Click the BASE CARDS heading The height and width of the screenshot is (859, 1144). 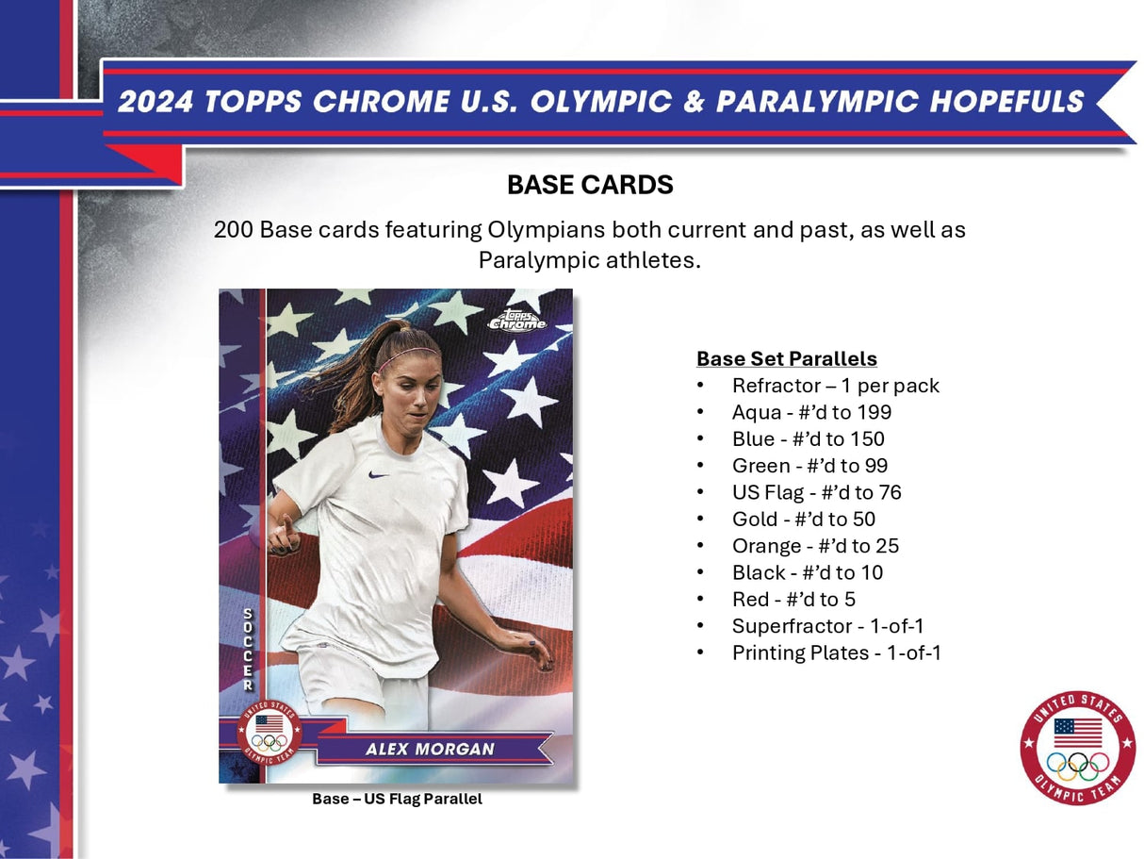(x=590, y=185)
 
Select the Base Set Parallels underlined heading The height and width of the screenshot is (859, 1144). (x=786, y=358)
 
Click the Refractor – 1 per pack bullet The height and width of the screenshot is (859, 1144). (x=835, y=386)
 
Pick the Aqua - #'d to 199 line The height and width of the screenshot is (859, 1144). (x=811, y=412)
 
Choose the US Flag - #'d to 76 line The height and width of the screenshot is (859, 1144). (x=816, y=492)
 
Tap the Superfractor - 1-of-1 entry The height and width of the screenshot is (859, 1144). (x=835, y=626)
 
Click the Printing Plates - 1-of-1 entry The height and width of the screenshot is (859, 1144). (x=837, y=653)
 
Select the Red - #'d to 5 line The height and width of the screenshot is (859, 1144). (x=793, y=600)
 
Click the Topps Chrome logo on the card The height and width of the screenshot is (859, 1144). (x=516, y=320)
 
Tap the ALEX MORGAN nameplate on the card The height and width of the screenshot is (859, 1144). (x=431, y=750)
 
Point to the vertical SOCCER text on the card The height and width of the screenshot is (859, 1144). (x=248, y=650)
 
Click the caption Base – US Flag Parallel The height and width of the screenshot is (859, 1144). (x=397, y=800)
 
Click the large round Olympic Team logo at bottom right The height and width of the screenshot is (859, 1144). (x=1077, y=748)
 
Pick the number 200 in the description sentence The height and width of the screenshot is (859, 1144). (x=233, y=229)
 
